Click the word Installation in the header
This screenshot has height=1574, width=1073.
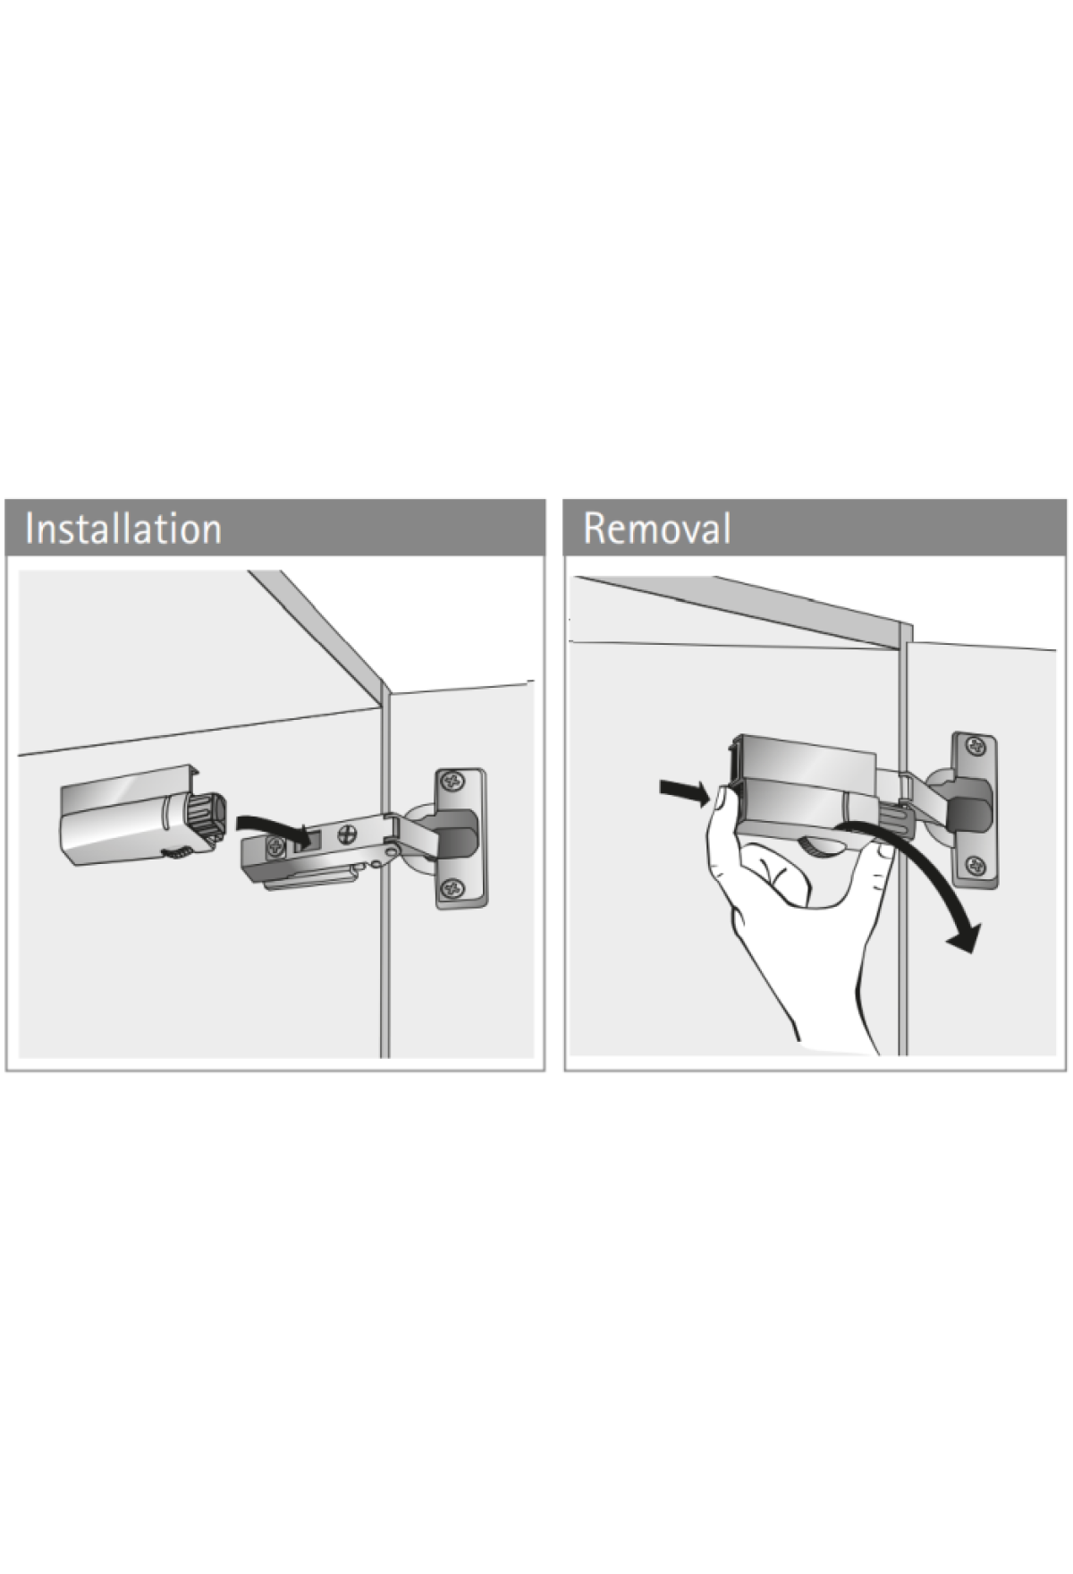click(x=123, y=528)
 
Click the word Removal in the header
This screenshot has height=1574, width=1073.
click(x=657, y=528)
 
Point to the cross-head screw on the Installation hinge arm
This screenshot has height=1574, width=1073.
click(x=345, y=836)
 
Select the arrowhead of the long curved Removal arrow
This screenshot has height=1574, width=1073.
click(x=963, y=936)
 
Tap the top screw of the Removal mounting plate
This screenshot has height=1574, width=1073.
click(x=976, y=745)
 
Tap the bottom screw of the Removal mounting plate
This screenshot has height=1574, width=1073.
click(x=976, y=865)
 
